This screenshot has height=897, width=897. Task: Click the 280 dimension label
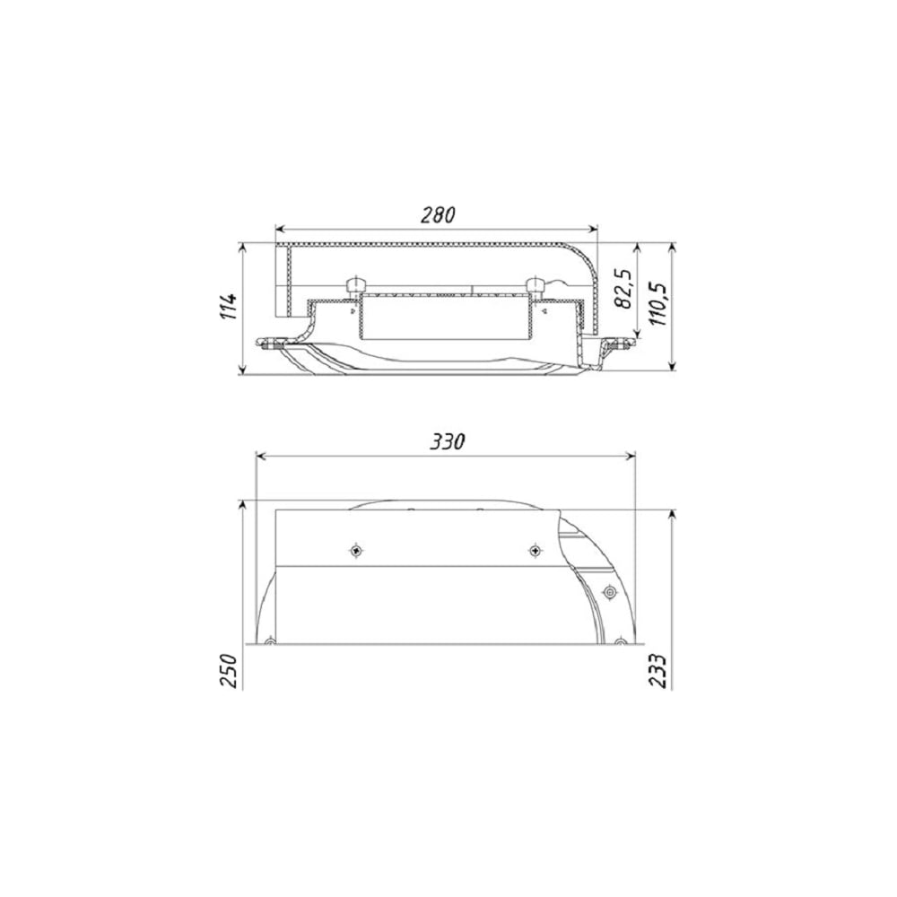(439, 215)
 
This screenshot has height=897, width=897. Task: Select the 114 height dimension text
(230, 307)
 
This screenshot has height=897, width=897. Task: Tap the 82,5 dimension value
(624, 288)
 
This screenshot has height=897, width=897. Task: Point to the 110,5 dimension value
(658, 303)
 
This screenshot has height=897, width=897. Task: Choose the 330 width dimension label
(448, 441)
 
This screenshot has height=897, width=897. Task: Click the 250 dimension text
(228, 670)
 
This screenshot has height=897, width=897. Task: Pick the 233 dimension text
(658, 670)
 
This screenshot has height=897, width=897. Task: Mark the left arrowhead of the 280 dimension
(280, 230)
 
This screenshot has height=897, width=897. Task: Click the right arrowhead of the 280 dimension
(593, 230)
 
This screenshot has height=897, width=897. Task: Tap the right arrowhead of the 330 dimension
(631, 456)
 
